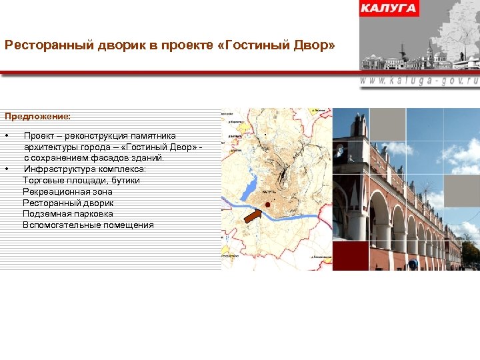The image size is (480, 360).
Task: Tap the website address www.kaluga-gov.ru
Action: point(419,80)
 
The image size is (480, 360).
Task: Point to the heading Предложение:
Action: point(37,117)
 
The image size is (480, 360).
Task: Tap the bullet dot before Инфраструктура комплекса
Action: point(6,169)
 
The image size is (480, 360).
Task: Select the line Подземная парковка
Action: point(68,214)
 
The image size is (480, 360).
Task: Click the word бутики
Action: point(125,181)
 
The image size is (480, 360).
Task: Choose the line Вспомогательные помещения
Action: point(88,225)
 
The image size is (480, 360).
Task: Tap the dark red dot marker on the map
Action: point(267,204)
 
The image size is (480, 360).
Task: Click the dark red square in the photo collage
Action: point(349,256)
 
